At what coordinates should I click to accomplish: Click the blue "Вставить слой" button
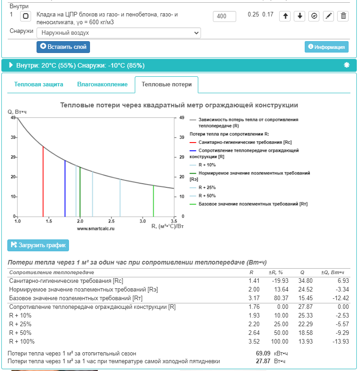(x=64, y=47)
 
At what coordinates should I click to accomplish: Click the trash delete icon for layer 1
(x=344, y=16)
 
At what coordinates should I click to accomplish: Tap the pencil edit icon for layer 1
(x=328, y=16)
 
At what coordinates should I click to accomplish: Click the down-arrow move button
(x=300, y=16)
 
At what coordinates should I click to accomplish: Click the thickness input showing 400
(x=224, y=16)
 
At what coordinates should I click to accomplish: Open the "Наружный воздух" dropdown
(x=118, y=33)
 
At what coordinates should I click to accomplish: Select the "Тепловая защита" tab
(x=39, y=85)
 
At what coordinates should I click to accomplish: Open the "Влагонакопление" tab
(x=102, y=85)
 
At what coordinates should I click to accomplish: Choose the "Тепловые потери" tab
(x=166, y=85)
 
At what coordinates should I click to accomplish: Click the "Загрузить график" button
(x=38, y=245)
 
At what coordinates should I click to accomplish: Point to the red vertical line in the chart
(x=43, y=183)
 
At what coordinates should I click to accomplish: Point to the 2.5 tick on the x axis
(x=111, y=221)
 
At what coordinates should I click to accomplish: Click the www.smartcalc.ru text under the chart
(x=95, y=228)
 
